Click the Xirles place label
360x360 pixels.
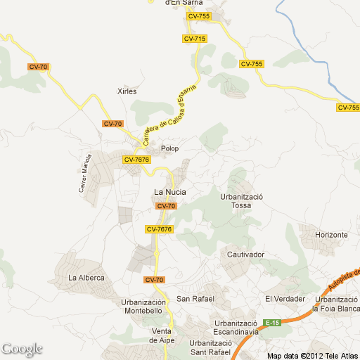tap(126, 91)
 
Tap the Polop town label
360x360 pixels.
tap(169, 148)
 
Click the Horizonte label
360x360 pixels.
tap(331, 234)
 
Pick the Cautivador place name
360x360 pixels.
tap(245, 254)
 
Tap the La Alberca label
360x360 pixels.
tap(86, 278)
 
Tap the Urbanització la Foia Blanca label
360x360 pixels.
tap(335, 304)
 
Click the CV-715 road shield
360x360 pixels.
tap(194, 39)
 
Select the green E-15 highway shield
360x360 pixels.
tap(272, 323)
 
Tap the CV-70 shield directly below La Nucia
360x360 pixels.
tap(166, 206)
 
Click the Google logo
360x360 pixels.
tap(22, 349)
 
